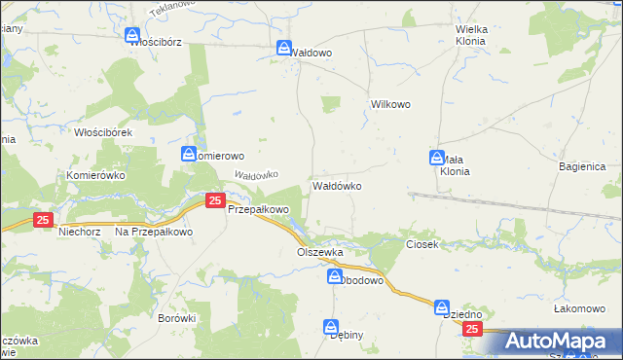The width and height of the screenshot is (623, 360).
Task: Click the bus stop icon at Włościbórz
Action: (133, 35)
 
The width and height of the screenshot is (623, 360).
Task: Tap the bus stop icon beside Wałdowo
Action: (283, 48)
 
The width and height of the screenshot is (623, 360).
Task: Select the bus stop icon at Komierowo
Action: (189, 154)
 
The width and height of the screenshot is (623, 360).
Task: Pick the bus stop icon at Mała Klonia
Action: (438, 158)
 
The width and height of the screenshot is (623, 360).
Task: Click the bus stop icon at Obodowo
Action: (334, 277)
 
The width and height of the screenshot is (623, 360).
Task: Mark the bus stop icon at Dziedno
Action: (442, 306)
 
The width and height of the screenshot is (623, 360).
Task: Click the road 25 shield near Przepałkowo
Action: (215, 200)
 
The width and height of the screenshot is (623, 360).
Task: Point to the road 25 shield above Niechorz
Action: (42, 221)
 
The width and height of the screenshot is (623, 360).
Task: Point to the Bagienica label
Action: (583, 167)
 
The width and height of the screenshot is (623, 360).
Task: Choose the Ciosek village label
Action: (422, 243)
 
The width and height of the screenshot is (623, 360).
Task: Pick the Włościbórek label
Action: (109, 131)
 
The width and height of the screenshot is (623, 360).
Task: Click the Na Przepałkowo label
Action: (155, 233)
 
